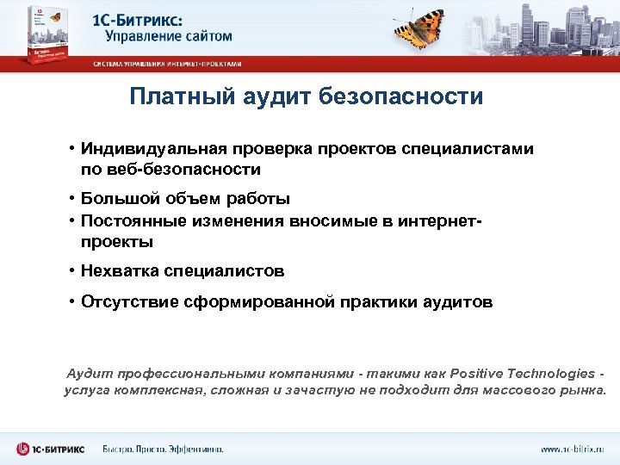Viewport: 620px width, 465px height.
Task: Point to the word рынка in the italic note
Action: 586,390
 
